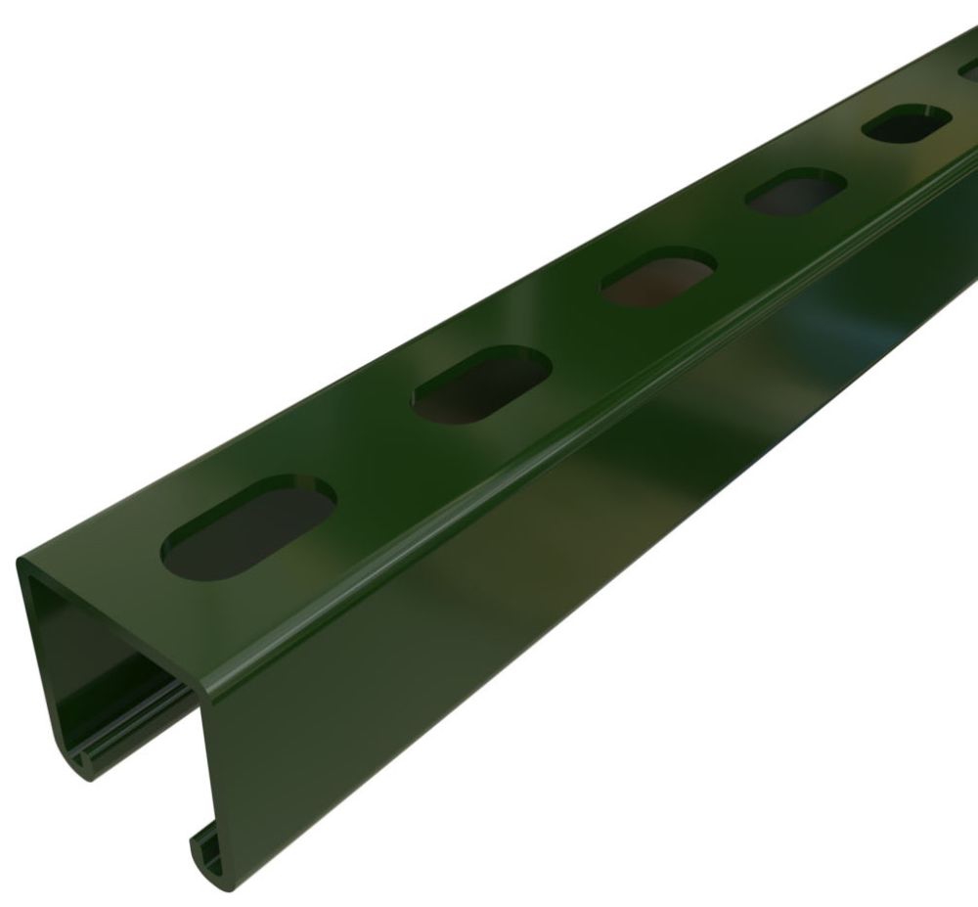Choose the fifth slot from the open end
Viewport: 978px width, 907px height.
(906, 123)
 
